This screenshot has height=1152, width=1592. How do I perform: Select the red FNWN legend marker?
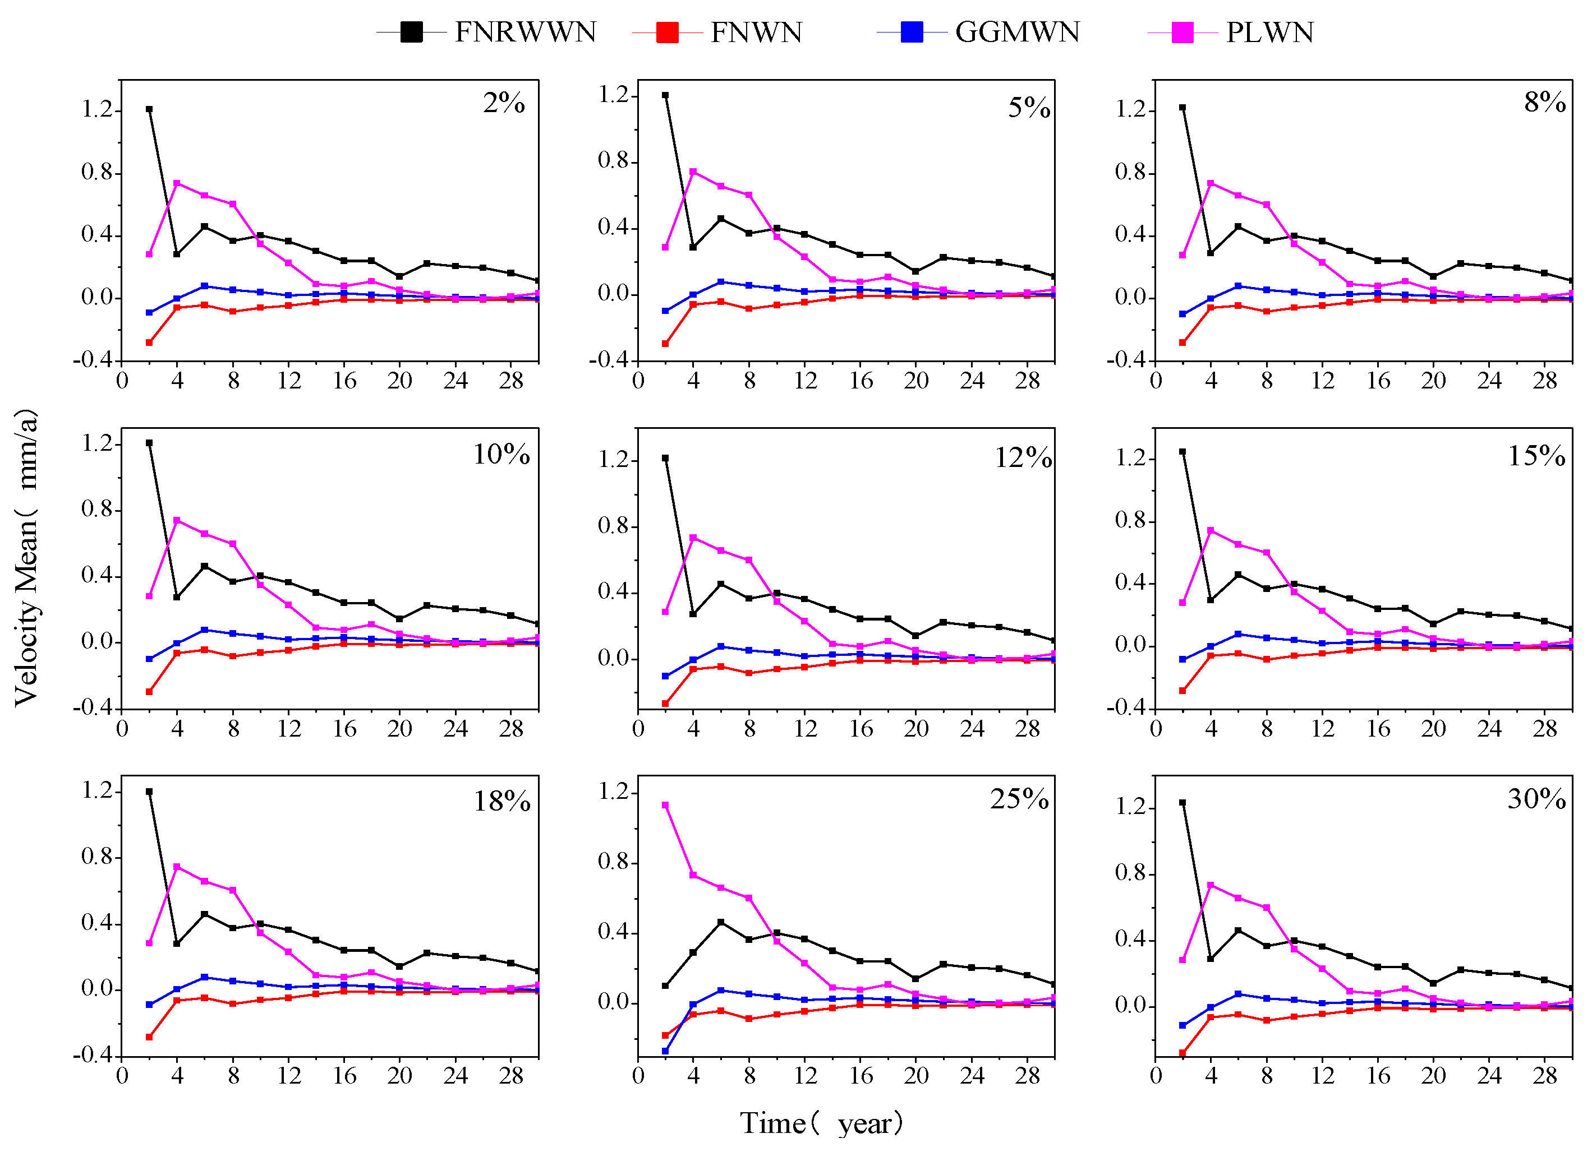pyautogui.click(x=667, y=33)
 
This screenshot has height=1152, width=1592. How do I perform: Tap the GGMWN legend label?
pyautogui.click(x=1016, y=33)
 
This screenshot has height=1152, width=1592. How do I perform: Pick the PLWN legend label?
pyautogui.click(x=1269, y=33)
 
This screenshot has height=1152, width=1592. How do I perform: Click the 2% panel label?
pyautogui.click(x=503, y=103)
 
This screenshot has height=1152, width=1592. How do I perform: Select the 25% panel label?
pyautogui.click(x=1019, y=799)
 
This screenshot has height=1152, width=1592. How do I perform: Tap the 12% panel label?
pyautogui.click(x=1023, y=458)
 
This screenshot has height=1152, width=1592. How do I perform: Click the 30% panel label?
pyautogui.click(x=1536, y=799)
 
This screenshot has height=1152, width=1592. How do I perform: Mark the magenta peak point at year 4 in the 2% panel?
pyautogui.click(x=177, y=183)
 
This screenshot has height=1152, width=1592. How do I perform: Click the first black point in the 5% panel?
pyautogui.click(x=665, y=95)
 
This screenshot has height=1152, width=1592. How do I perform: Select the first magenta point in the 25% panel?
pyautogui.click(x=665, y=806)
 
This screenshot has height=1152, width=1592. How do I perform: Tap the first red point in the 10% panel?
pyautogui.click(x=149, y=692)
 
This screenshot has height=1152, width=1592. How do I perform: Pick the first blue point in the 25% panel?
pyautogui.click(x=665, y=1051)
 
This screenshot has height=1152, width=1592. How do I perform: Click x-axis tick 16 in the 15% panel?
pyautogui.click(x=1378, y=729)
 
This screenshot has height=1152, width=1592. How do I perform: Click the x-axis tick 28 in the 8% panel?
pyautogui.click(x=1545, y=381)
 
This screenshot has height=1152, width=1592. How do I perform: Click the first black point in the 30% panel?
pyautogui.click(x=1183, y=803)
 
